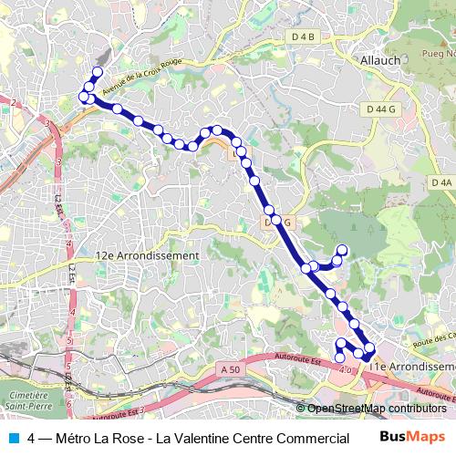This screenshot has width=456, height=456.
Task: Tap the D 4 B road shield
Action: (303, 36)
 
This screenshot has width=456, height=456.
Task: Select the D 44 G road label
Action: (382, 109)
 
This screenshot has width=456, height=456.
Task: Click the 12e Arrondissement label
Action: (146, 256)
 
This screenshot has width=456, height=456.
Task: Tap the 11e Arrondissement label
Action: (411, 366)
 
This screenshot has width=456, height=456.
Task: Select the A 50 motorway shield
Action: (231, 368)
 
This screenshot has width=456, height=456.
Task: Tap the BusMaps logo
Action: (412, 437)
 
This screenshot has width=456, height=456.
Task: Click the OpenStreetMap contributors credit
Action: (376, 409)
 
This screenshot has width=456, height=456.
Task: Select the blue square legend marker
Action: (13, 437)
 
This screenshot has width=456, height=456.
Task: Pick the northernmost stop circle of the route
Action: (97, 71)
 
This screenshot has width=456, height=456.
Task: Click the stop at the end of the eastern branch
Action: (343, 250)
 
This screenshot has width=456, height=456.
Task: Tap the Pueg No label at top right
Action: (438, 56)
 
